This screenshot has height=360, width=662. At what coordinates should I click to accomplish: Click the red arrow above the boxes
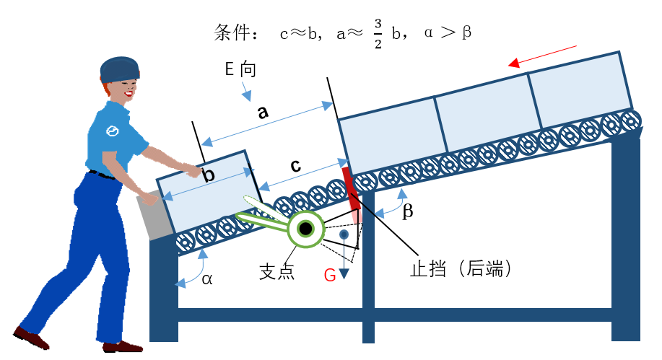coord(542,55)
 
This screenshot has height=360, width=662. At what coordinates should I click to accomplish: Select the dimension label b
coord(209,175)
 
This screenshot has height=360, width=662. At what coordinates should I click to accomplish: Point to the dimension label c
coord(296,165)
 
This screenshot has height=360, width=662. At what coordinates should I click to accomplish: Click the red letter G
coord(330,275)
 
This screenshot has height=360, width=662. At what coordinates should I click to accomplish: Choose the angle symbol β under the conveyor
coord(407,212)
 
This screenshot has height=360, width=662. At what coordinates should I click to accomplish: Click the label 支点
coord(276,273)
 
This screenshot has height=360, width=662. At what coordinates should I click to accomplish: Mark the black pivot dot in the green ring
coord(306,229)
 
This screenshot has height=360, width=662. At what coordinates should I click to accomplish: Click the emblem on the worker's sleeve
coord(112,131)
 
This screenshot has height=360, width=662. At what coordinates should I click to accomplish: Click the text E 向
coord(240,70)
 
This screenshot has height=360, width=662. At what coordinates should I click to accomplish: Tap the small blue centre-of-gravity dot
coord(344,234)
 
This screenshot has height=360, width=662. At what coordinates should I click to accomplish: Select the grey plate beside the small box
coord(154,215)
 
